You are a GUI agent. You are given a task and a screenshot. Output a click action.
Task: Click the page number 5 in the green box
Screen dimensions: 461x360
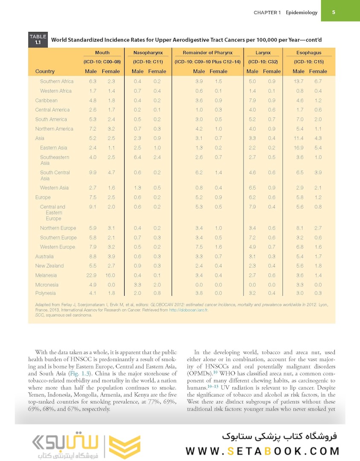tap(334, 12)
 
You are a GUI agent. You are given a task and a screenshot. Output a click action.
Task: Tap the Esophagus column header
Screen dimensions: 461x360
tap(309, 53)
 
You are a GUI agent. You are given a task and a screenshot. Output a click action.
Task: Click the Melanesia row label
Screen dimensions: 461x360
tap(46, 275)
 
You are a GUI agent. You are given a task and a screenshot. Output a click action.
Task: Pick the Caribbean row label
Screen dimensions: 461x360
tap(46, 100)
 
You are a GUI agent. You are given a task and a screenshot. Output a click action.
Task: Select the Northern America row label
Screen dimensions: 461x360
tap(54, 129)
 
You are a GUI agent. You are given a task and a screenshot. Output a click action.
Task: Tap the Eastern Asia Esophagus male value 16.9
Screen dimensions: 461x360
tap(299, 148)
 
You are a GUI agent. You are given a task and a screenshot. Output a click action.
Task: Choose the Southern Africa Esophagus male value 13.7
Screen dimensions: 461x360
tap(299, 82)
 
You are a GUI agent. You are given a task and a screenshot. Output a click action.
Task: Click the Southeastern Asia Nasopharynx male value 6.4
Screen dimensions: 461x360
tap(137, 157)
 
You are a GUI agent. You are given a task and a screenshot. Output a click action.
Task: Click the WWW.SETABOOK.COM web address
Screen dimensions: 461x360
tap(262, 451)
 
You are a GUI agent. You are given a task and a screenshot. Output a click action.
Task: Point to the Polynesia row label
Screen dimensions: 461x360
tap(45, 293)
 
